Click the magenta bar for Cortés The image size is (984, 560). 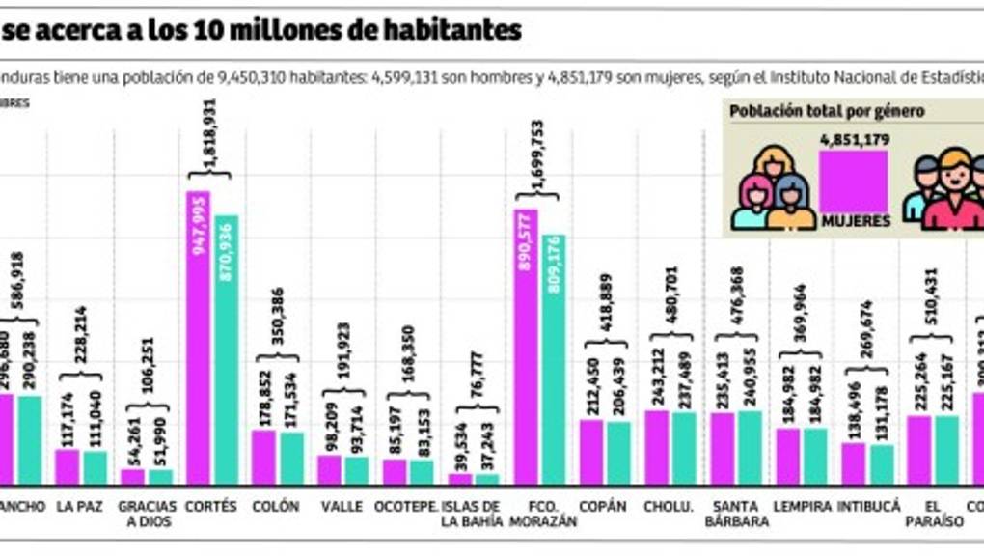coord(199,338)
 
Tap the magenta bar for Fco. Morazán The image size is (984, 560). coord(527,347)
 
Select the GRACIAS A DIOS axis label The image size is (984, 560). coord(147,513)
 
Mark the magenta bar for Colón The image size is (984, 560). coord(264,457)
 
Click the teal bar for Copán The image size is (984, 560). coord(619,453)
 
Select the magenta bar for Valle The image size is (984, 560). coord(330,469)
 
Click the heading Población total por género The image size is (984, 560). coord(828,111)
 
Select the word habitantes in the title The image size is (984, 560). coord(454,31)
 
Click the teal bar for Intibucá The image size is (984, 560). coord(882,464)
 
